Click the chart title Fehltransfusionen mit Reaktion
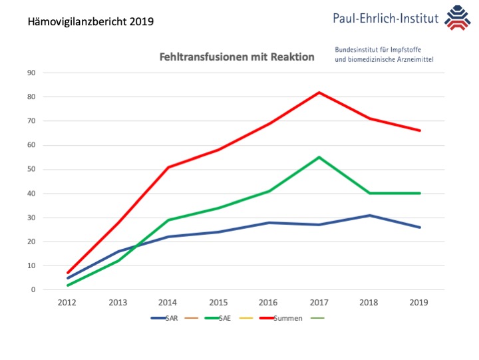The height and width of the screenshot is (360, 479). coord(237,57)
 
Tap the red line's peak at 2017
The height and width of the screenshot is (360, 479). coord(319,92)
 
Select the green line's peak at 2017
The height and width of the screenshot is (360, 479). coord(319,157)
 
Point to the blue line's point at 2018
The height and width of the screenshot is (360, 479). coord(369,215)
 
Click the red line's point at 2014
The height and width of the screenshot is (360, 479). coord(169,167)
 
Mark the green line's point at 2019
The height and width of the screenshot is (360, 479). coord(420,193)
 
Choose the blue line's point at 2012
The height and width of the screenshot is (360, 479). coord(69,277)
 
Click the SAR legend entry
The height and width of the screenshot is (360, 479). coord(171,318)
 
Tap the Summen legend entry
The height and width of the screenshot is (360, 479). coord(287,318)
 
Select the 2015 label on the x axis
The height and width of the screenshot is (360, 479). coord(219,302)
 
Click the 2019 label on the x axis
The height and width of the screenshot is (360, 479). coord(420,302)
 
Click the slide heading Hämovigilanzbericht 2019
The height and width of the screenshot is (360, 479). coord(91,21)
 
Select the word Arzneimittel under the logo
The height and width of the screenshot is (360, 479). coord(409,59)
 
